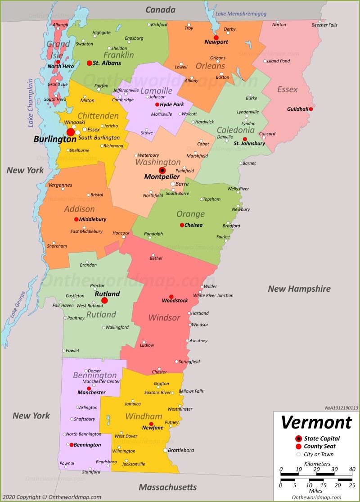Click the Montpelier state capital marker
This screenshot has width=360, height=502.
pos(162,170)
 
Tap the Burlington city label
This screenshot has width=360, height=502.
pos(54,140)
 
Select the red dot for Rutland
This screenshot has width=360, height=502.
pos(104,300)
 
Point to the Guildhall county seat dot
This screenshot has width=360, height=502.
pos(310,109)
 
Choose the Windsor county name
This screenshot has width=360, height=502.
pos(164,318)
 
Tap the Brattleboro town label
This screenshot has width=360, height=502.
pos(181,450)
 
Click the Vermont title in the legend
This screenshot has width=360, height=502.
pos(316,423)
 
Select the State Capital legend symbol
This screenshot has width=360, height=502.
pos(298,439)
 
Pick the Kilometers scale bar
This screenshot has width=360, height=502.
pos(316,474)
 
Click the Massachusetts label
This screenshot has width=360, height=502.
pos(167,487)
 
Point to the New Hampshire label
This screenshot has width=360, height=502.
pos(299,289)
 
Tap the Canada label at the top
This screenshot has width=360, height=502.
pos(160,9)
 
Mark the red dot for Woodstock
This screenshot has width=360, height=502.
pos(171,296)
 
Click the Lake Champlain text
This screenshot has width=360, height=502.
pos(30,102)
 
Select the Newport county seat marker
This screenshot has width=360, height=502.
pos(216,37)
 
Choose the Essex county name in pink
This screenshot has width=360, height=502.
pos(287,90)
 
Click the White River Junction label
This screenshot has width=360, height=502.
pos(213,295)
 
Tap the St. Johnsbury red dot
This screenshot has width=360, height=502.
pos(245,139)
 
